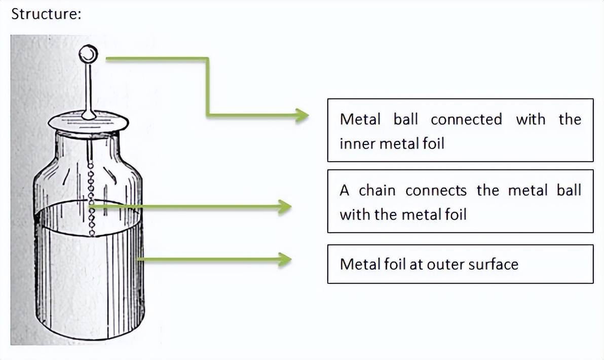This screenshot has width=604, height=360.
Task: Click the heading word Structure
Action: point(46,14)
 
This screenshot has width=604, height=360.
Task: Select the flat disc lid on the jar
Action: point(88,122)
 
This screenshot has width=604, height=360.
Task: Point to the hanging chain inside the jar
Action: point(92,198)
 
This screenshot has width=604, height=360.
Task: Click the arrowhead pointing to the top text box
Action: point(302,116)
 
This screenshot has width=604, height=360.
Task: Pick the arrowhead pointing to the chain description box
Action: point(285,207)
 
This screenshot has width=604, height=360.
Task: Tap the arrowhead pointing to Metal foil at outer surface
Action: point(285,260)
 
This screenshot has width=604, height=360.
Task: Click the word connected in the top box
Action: point(466,120)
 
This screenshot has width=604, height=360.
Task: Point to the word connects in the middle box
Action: point(436,191)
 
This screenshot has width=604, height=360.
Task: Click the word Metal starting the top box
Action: point(360,120)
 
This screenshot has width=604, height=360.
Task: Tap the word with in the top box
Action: point(531,120)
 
